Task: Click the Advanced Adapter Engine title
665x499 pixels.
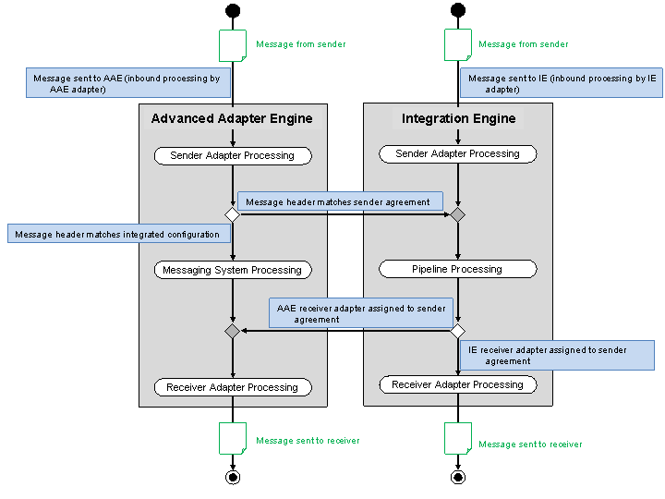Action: point(232,118)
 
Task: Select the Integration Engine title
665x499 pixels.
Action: point(458,118)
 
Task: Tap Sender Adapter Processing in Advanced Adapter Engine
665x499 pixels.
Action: point(232,155)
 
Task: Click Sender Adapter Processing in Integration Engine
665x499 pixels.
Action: point(457,153)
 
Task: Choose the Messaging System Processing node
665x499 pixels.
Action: point(232,270)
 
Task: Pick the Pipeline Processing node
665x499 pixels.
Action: point(457,269)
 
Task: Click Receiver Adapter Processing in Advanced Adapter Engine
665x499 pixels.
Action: point(232,387)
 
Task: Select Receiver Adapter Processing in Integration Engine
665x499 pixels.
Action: point(457,384)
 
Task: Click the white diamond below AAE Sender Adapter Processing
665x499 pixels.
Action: point(232,214)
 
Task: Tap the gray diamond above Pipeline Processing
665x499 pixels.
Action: point(457,214)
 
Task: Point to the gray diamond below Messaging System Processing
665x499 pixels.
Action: point(232,331)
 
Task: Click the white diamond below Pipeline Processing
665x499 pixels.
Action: point(457,331)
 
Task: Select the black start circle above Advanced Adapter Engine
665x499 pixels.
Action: point(232,11)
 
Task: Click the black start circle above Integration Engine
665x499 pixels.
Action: point(457,11)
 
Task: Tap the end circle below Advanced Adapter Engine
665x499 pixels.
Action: point(232,477)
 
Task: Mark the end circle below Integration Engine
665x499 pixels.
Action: point(457,477)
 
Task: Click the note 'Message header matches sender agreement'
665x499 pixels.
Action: point(340,201)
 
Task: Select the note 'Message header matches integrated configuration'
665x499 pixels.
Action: point(118,235)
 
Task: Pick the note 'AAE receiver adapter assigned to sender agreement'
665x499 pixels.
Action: point(362,313)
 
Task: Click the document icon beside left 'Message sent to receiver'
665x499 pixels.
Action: point(232,438)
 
